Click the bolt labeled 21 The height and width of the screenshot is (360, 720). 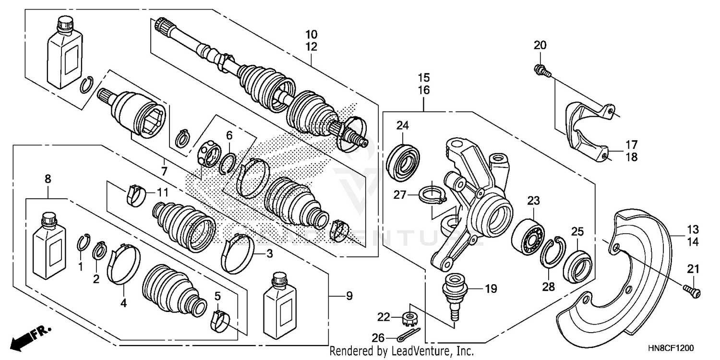point(692,290)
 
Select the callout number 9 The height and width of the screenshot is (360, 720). point(349,296)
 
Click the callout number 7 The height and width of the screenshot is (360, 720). point(164,171)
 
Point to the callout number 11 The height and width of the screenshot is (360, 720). point(163,193)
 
